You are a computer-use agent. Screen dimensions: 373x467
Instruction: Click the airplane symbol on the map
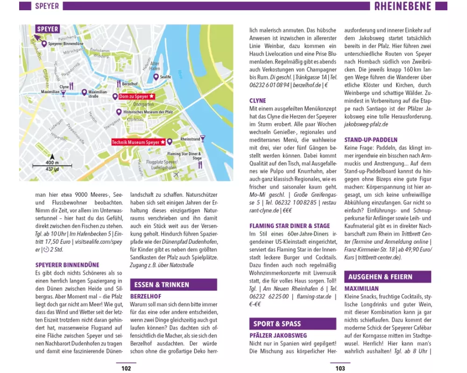point(176,175)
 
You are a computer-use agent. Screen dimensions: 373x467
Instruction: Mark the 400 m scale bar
point(52,166)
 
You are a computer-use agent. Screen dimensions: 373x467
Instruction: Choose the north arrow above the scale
point(52,157)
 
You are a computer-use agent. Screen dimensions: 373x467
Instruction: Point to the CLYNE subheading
point(258,100)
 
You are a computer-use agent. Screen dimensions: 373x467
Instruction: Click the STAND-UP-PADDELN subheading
point(371,139)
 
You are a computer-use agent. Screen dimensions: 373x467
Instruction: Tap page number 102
point(126,368)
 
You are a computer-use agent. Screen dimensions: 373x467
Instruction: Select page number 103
point(340,368)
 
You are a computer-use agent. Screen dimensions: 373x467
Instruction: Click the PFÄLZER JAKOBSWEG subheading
point(278,335)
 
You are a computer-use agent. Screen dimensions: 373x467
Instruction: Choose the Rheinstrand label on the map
point(190,139)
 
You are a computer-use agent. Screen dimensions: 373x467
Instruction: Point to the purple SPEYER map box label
point(48,29)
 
